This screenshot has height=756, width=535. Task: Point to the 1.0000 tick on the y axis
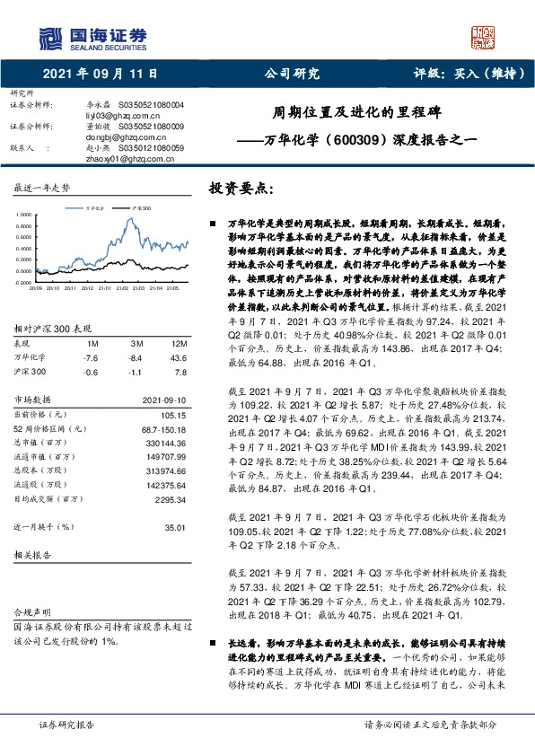click(x=22, y=216)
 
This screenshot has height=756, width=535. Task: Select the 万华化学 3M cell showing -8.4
click(x=137, y=333)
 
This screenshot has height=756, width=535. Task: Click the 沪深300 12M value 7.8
click(x=180, y=347)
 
